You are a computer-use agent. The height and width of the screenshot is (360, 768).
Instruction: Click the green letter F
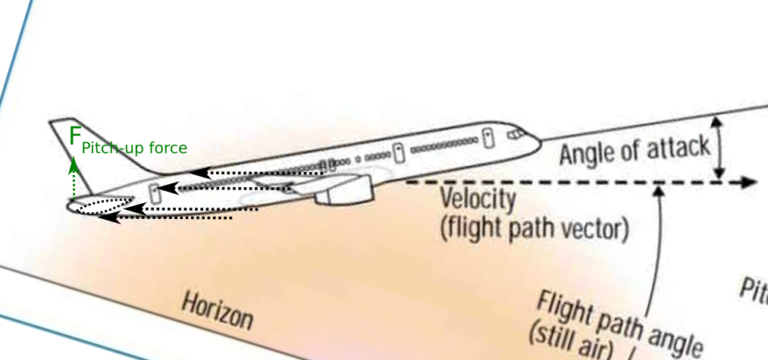(x=74, y=137)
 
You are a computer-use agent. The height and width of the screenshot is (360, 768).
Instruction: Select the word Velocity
(x=478, y=201)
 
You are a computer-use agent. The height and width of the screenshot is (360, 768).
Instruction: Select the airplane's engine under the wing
(x=345, y=191)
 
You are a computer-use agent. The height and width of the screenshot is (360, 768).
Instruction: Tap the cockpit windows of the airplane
(x=516, y=133)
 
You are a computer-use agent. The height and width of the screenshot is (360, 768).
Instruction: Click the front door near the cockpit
(x=489, y=138)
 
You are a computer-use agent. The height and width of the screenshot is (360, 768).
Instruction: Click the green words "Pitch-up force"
(x=134, y=149)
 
